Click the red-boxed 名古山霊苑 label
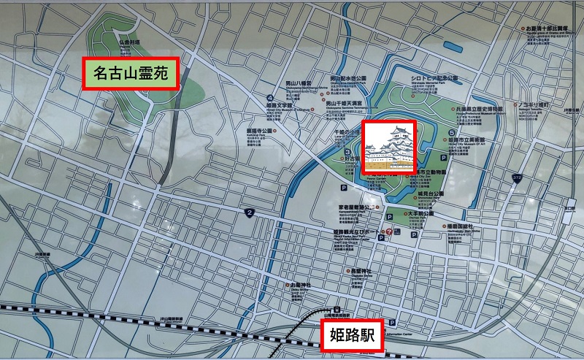pos(131,73)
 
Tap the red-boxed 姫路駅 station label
pos(350,336)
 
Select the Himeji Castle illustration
pos(389,148)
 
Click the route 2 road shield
pos(250,212)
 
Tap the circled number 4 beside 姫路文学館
pos(270,98)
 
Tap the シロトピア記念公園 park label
pos(434,77)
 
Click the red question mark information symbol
pos(389,232)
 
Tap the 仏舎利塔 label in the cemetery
pos(132,43)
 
